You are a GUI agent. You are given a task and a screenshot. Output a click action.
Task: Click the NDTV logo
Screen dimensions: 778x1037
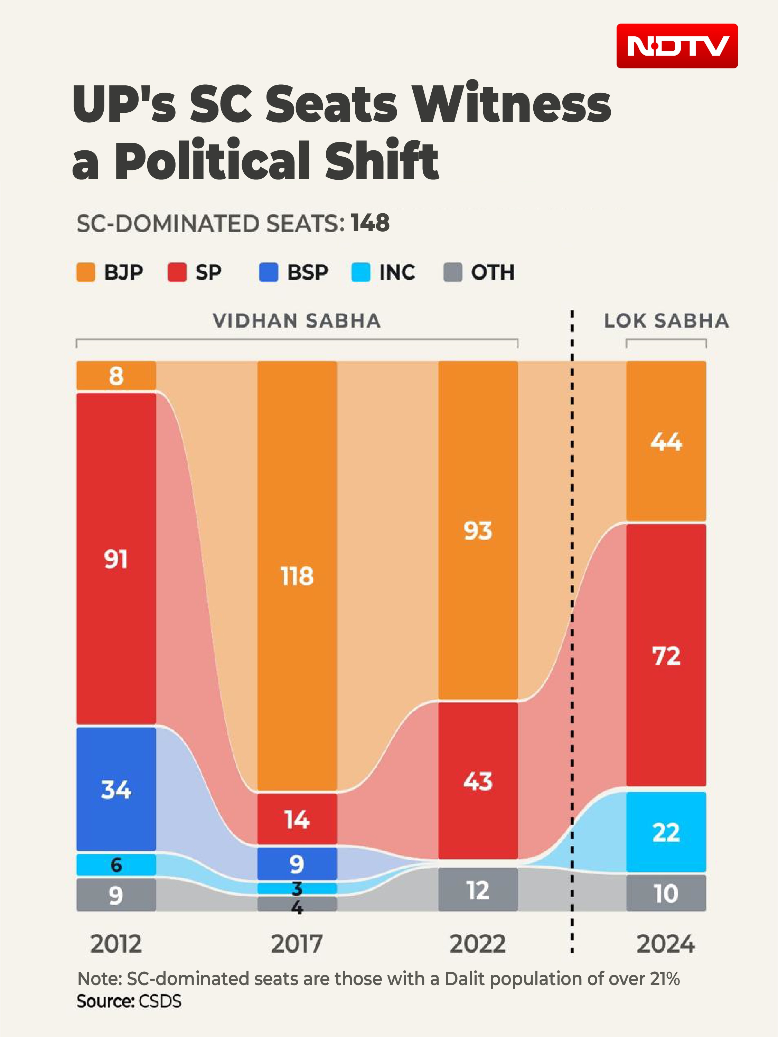(677, 46)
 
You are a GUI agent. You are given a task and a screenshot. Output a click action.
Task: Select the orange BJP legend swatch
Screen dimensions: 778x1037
(86, 272)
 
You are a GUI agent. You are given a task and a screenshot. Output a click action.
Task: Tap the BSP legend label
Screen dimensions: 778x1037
(308, 272)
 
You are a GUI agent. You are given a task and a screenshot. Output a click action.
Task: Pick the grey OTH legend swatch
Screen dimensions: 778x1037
(453, 272)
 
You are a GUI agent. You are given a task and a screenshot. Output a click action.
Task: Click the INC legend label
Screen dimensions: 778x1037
(397, 272)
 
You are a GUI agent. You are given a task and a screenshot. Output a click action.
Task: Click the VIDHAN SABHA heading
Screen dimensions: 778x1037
(297, 321)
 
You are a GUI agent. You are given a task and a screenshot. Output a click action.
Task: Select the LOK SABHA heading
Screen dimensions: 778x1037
(666, 321)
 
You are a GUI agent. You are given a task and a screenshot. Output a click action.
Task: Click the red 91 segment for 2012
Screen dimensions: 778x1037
(116, 559)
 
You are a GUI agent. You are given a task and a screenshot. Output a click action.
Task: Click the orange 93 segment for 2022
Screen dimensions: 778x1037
(478, 530)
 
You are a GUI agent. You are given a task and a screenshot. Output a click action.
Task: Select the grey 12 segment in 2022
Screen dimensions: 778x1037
(478, 889)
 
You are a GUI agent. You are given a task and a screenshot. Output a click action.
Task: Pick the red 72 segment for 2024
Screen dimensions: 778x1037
(666, 655)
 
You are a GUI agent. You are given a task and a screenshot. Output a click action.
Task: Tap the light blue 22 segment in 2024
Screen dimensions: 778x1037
(666, 832)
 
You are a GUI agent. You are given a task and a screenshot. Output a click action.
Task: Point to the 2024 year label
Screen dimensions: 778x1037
(666, 944)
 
